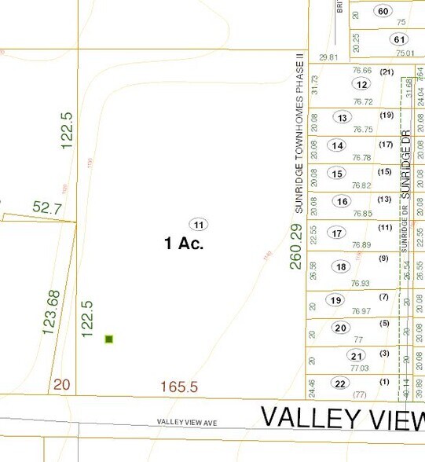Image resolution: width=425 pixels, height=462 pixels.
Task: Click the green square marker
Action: pos(109,339)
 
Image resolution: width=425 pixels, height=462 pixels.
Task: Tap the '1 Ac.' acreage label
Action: pos(184,244)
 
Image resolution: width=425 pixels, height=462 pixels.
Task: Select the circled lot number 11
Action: pos(198,224)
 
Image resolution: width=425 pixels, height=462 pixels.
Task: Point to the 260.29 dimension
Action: pos(295,246)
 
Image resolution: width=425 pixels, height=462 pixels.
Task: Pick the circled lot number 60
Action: pos(383,11)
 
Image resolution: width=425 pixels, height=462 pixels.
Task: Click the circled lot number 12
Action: pos(361,84)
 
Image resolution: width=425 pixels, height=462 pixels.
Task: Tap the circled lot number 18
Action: pos(341,266)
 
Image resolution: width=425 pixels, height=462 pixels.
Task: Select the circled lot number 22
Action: pos(339,383)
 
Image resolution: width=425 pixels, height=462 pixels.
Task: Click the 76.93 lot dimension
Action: pos(361,283)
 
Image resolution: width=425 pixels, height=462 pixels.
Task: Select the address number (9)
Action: pos(384,258)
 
